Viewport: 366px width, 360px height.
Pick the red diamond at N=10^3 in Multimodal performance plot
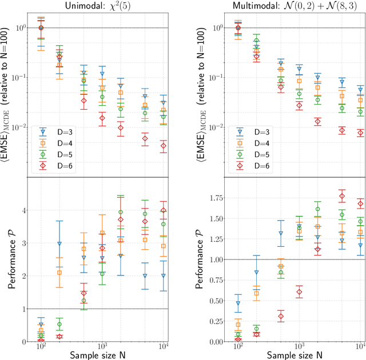click(299, 291)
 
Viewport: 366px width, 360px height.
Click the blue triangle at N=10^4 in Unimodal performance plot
click(164, 276)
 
